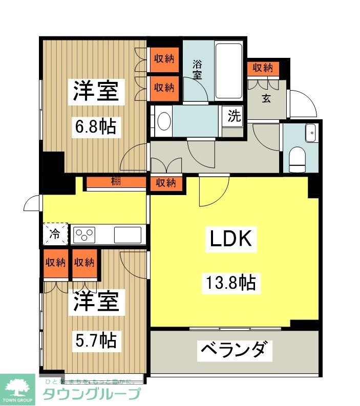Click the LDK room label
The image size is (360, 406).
tap(230, 239)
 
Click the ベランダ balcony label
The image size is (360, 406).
tap(233, 351)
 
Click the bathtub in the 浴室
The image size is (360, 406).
tap(228, 71)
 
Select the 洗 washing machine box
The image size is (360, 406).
tap(234, 116)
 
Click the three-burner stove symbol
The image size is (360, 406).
tap(84, 235)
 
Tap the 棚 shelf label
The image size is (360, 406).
tap(116, 182)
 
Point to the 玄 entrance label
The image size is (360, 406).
tap(266, 99)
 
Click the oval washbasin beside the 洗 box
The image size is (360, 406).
tap(164, 122)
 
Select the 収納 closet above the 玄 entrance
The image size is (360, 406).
tap(263, 68)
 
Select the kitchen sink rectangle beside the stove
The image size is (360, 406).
tap(127, 235)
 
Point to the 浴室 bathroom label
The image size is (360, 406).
tap(197, 70)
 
